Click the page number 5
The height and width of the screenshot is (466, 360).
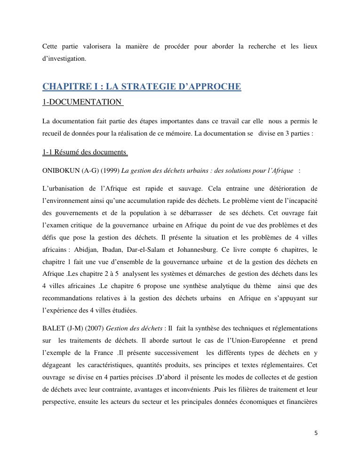coord(316,433)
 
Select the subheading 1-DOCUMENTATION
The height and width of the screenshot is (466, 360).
coord(81,102)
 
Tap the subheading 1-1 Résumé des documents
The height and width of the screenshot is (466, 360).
coord(84,152)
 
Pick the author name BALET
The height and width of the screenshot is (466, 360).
coord(52,328)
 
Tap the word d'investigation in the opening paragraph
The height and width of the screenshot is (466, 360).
coord(64,59)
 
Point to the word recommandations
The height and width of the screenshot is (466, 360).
coord(69,298)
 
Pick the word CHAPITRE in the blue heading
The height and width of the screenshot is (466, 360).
coord(65,87)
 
